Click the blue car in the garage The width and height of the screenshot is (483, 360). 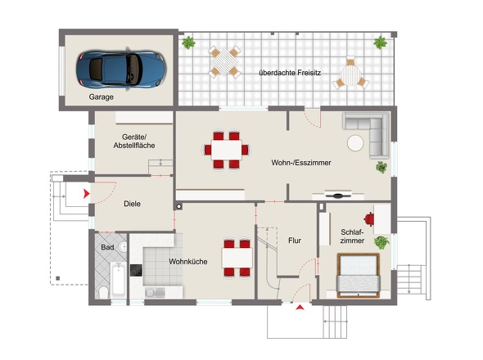pos(121,69)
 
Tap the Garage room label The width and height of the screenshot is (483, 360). pos(101,97)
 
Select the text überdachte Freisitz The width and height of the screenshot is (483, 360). pos(290,73)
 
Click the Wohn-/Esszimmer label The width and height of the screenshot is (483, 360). pos(301,163)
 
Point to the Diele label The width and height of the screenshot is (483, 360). pos(132,204)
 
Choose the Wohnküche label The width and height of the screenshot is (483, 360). pos(188,262)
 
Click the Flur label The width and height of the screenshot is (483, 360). pos(295,241)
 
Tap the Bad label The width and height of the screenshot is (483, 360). pos(107,247)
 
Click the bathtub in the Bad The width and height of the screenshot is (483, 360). pos(118,280)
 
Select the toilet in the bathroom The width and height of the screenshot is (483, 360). pos(103,293)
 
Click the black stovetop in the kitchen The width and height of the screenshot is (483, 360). pos(136,270)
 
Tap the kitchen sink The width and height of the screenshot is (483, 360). pos(155,293)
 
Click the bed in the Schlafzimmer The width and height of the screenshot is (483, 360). pos(358,276)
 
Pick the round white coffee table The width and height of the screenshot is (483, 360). pos(355,143)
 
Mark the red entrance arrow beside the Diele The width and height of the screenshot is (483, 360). pos(87,194)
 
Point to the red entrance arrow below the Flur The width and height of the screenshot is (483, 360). pos(300,307)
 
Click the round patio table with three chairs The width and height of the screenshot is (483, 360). pos(350,75)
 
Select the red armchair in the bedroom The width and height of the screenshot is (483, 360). pos(368,219)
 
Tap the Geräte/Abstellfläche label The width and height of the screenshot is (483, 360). pos(134,141)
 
